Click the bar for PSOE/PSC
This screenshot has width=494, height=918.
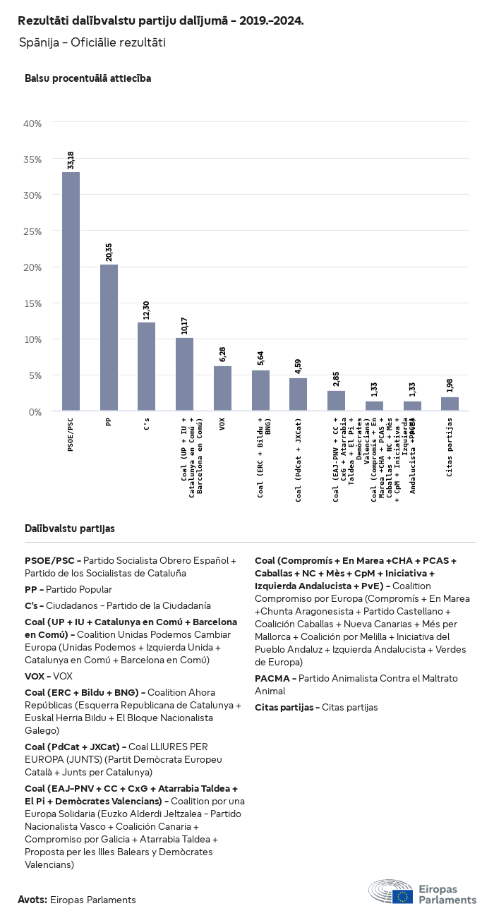tap(71, 291)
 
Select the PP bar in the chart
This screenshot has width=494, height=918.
tap(109, 337)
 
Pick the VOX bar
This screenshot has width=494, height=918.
tap(222, 388)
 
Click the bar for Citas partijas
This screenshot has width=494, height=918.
tap(450, 404)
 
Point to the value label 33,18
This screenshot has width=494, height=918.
tap(71, 159)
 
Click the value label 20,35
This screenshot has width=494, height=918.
tap(109, 252)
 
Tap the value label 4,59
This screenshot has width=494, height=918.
tap(298, 366)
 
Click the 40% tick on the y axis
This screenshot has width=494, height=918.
tap(33, 123)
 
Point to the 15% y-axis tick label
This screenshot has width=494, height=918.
tap(33, 303)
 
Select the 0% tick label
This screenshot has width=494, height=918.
tap(36, 411)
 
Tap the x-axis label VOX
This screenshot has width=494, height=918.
tap(222, 424)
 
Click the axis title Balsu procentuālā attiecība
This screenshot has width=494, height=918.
tap(88, 78)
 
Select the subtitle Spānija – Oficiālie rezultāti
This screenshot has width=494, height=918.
tap(92, 43)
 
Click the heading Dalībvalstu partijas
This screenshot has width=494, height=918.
tap(70, 529)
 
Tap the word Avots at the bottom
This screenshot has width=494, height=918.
tap(32, 900)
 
